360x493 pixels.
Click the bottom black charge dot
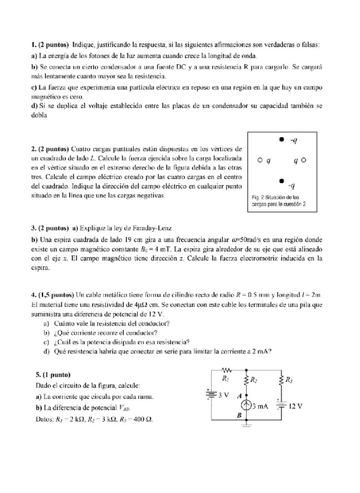(281, 182)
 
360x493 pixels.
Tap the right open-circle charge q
(304, 159)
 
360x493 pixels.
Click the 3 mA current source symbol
(246, 405)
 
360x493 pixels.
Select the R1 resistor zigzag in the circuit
(227, 369)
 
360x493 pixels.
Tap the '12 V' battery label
(295, 405)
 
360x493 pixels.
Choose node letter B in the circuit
(238, 415)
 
